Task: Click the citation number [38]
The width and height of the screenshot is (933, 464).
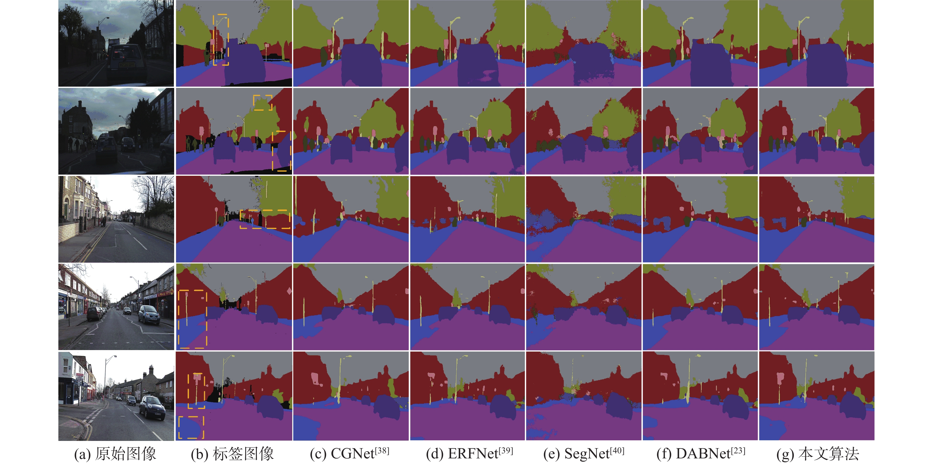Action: (382, 451)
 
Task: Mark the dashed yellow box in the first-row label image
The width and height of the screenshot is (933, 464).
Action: (221, 40)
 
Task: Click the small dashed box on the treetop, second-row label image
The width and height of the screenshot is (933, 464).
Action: (263, 102)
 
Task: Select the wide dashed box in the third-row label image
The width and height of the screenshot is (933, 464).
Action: (265, 219)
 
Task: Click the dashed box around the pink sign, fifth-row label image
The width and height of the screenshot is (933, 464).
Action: (196, 391)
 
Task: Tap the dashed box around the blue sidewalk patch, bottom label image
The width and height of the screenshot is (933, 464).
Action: (191, 427)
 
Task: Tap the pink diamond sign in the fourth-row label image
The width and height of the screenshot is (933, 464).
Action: (289, 291)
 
